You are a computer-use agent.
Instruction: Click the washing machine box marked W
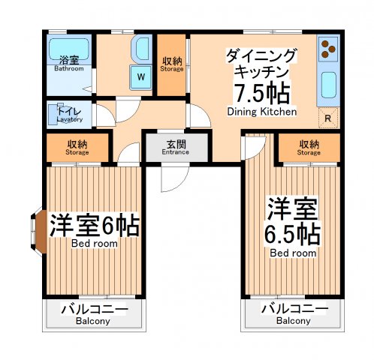tap(140, 75)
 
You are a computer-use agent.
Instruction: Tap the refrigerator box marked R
tap(328, 118)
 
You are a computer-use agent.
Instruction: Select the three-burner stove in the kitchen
tap(327, 49)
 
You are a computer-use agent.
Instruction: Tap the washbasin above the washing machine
tap(140, 49)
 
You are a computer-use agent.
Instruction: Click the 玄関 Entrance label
tap(176, 147)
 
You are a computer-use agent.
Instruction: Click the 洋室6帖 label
tap(95, 226)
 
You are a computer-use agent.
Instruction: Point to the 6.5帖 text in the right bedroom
tap(293, 233)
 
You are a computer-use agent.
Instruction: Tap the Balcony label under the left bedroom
tap(93, 315)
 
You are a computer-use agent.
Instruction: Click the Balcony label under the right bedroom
tap(293, 315)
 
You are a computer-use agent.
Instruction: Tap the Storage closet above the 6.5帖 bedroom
tap(309, 147)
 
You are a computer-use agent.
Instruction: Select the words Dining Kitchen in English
tap(261, 112)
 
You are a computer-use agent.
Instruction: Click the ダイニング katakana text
tap(261, 55)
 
